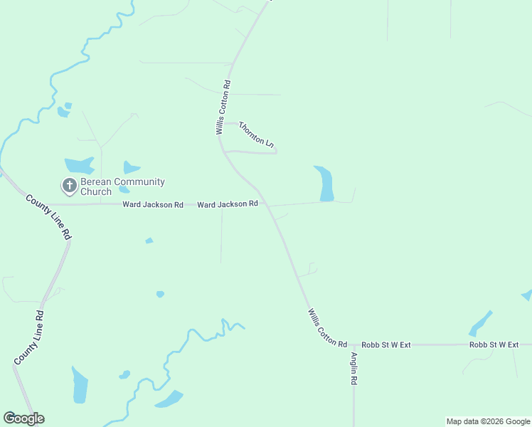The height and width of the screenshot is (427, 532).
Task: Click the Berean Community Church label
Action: click(x=122, y=186)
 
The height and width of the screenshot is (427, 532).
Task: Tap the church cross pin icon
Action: click(x=70, y=186)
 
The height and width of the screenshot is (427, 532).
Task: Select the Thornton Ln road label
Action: click(x=256, y=135)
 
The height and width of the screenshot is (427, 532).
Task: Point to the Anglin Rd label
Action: click(x=353, y=369)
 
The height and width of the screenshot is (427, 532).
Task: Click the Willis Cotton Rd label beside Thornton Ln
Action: click(x=222, y=107)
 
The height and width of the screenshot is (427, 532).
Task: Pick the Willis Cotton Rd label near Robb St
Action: click(x=328, y=328)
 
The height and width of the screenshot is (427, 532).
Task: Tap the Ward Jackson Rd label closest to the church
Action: click(x=153, y=204)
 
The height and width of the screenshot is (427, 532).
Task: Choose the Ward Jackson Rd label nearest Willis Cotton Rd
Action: click(x=227, y=204)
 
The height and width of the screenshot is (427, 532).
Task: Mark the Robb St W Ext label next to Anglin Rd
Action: click(x=386, y=344)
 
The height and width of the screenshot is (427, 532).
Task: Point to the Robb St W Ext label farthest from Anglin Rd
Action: click(x=494, y=344)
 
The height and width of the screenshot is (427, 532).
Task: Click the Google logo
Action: click(x=24, y=418)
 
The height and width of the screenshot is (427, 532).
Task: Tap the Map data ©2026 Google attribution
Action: click(x=488, y=421)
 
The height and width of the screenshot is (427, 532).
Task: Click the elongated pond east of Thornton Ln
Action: click(x=324, y=184)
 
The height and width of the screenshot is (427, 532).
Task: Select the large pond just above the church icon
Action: click(x=80, y=165)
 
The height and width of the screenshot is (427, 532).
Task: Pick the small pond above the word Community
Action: click(x=131, y=168)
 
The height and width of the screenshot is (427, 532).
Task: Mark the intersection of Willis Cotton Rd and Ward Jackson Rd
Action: click(x=265, y=204)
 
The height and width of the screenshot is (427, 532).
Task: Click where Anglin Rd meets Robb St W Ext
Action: click(x=353, y=345)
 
